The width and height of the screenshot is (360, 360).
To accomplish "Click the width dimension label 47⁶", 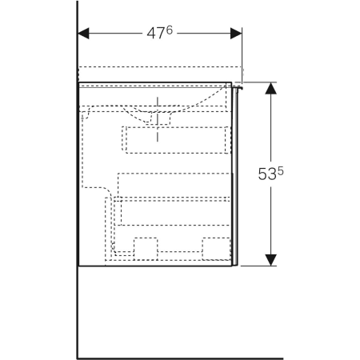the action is [160, 33].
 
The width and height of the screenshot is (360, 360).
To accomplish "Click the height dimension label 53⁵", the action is [270, 174].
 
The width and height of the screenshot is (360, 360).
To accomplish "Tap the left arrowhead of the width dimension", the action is [83, 34].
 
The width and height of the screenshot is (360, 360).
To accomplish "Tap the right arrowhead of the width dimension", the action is [236, 34].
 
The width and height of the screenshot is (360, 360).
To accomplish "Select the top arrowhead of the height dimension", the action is [271, 88].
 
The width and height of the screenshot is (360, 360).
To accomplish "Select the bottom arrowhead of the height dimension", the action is [271, 260].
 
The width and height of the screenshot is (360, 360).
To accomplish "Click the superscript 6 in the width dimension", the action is [170, 30].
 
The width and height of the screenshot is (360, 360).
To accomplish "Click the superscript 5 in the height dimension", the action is [281, 171].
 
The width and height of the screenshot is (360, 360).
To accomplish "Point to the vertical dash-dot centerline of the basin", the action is [158, 119].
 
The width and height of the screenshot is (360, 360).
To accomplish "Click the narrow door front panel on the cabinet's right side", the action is [234, 177].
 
